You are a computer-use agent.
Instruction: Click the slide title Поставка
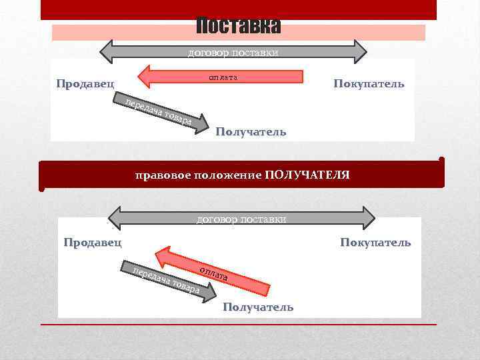point(239,27)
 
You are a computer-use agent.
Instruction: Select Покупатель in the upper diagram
point(369,85)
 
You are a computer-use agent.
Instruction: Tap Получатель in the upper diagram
point(251,132)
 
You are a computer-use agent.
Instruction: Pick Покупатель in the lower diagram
point(375,242)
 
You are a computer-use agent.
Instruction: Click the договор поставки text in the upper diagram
point(233,52)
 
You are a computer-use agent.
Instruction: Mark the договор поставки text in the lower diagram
point(242,219)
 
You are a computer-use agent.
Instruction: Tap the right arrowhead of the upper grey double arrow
point(358,51)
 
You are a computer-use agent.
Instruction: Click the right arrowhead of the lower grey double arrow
point(367,218)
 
